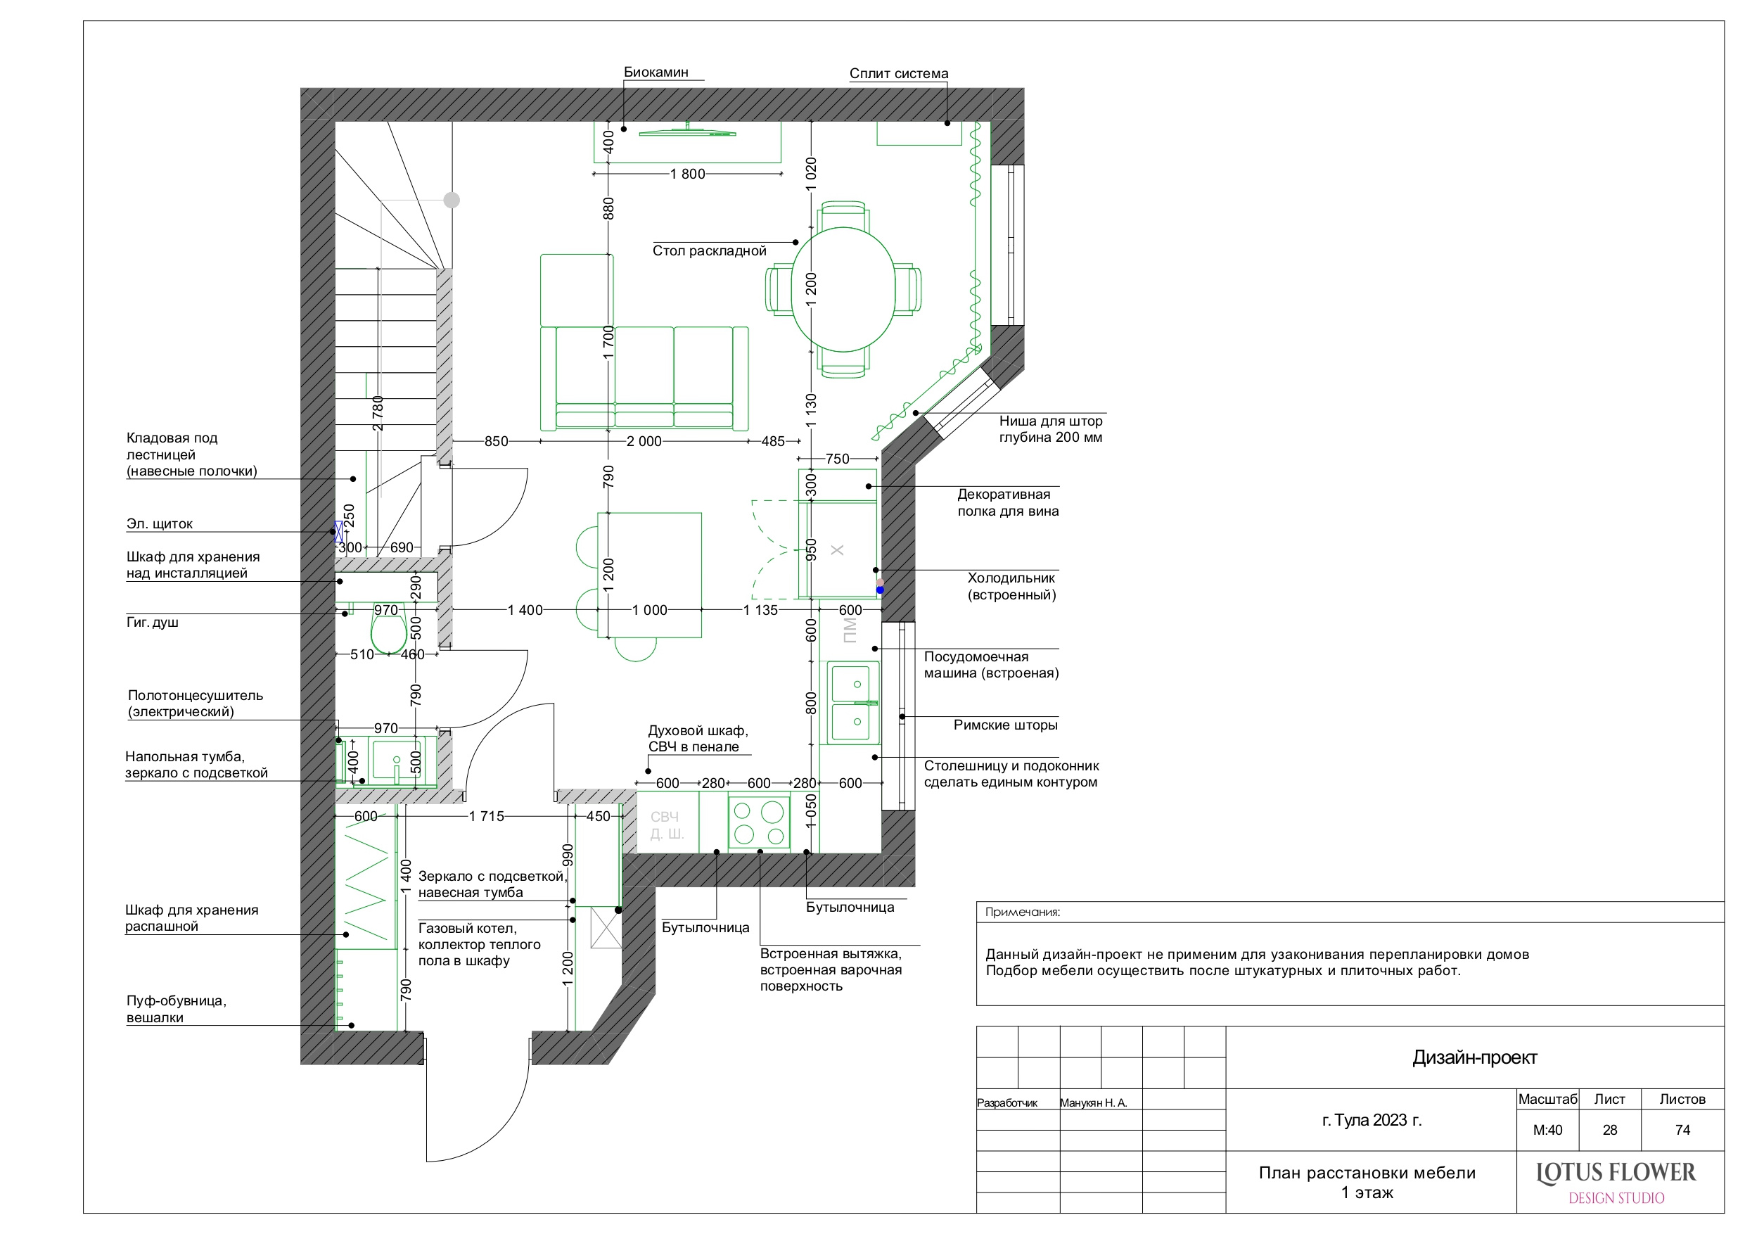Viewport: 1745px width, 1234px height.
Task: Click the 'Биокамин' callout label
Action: click(656, 72)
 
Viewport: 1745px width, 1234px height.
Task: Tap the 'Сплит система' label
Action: click(898, 74)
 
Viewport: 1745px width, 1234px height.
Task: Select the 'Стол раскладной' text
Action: click(709, 251)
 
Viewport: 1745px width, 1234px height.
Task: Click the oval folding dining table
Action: click(843, 289)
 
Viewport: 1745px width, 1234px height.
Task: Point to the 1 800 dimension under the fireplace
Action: click(687, 174)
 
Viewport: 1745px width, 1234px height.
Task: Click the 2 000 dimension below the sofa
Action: click(644, 441)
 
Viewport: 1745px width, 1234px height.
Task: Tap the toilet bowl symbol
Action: click(388, 633)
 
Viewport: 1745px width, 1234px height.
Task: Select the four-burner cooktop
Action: click(758, 823)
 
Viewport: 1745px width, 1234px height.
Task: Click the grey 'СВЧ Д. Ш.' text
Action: click(667, 825)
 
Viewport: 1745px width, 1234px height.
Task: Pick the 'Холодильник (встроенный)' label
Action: click(1011, 586)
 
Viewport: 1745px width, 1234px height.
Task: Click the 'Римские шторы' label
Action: click(1005, 725)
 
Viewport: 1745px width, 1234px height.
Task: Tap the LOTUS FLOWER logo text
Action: click(1616, 1174)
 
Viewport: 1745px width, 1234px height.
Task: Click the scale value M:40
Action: click(1547, 1131)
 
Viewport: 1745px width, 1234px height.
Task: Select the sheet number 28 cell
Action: click(1610, 1131)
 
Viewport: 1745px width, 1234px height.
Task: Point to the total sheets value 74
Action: click(1682, 1131)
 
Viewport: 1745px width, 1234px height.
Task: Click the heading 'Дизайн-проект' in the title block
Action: click(1474, 1057)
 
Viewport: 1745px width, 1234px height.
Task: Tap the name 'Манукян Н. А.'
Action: click(1093, 1103)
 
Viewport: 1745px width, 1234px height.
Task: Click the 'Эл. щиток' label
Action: click(160, 524)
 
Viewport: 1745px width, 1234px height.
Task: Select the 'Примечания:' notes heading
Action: click(1022, 912)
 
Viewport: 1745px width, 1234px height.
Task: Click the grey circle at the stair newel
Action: click(452, 200)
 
